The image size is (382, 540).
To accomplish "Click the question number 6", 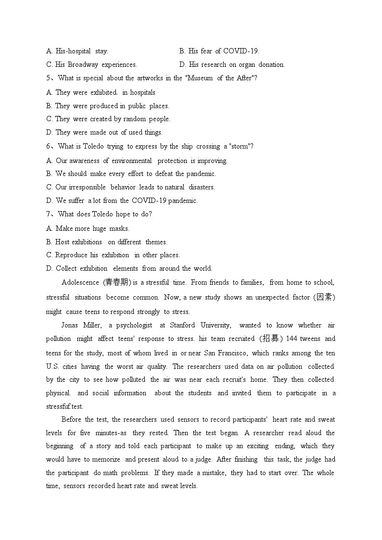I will pyautogui.click(x=49, y=146).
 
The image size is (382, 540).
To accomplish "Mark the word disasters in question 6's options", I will pyautogui.click(x=202, y=187).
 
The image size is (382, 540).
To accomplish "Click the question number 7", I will pyautogui.click(x=49, y=214).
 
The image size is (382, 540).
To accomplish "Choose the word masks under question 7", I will pyautogui.click(x=119, y=228).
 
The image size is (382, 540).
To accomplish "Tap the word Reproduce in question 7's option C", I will pyautogui.click(x=71, y=255).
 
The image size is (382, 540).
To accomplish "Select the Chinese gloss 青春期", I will pyautogui.click(x=117, y=282).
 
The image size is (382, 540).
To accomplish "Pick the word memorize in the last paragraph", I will pyautogui.click(x=102, y=459).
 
